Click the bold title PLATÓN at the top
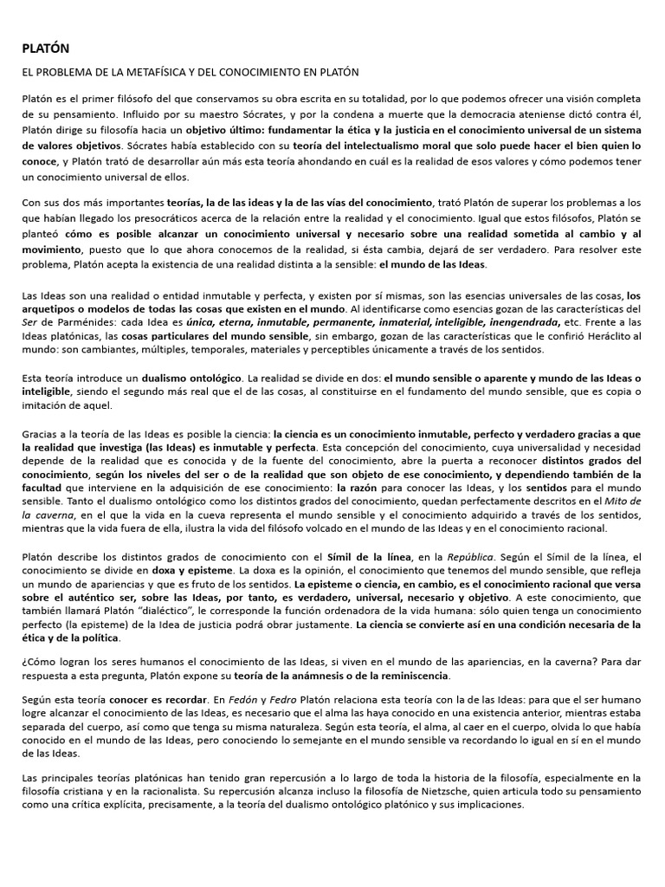pyautogui.click(x=46, y=49)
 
